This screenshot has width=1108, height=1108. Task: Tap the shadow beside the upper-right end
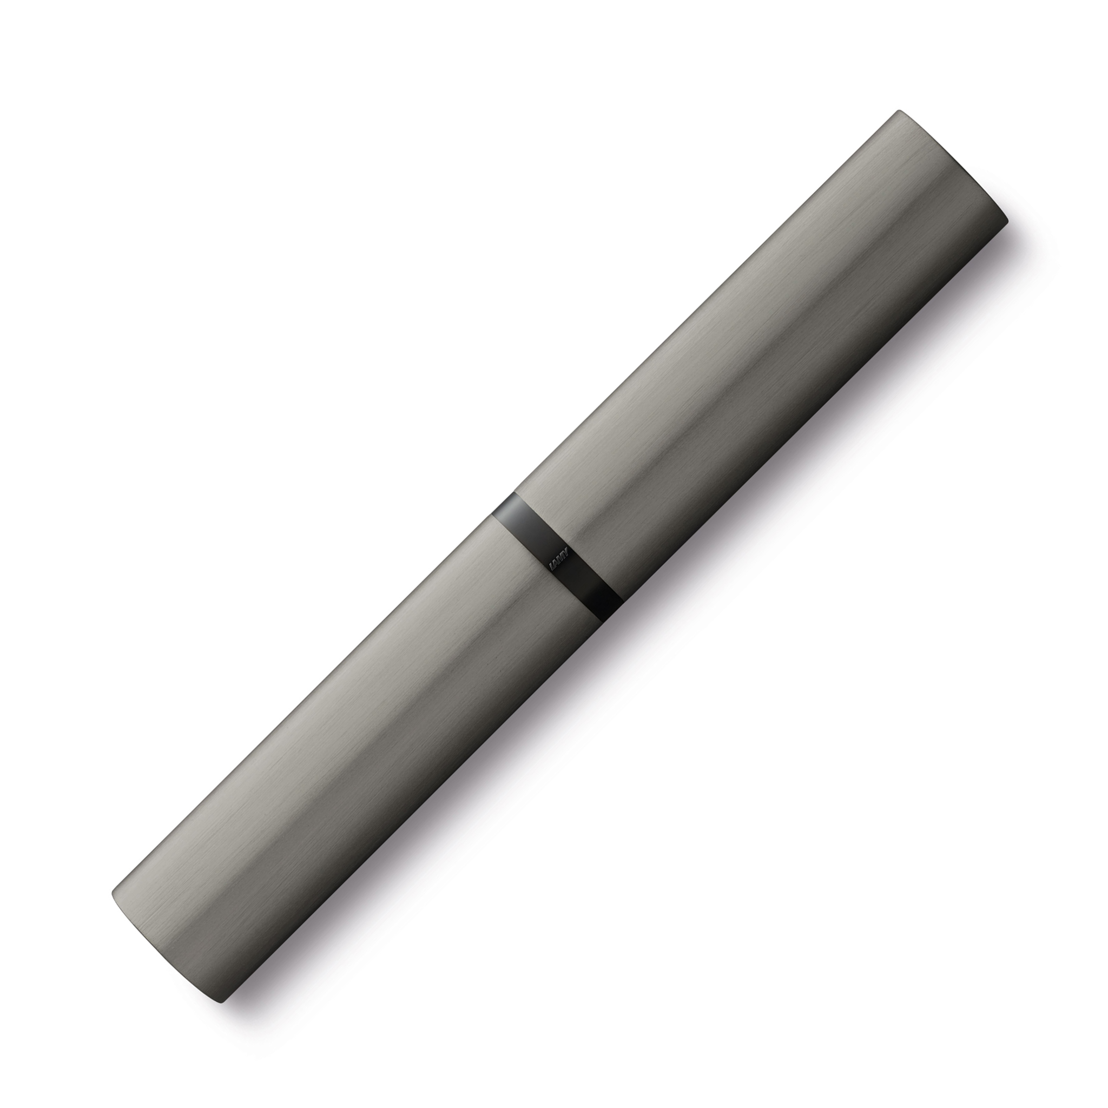[1026, 252]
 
